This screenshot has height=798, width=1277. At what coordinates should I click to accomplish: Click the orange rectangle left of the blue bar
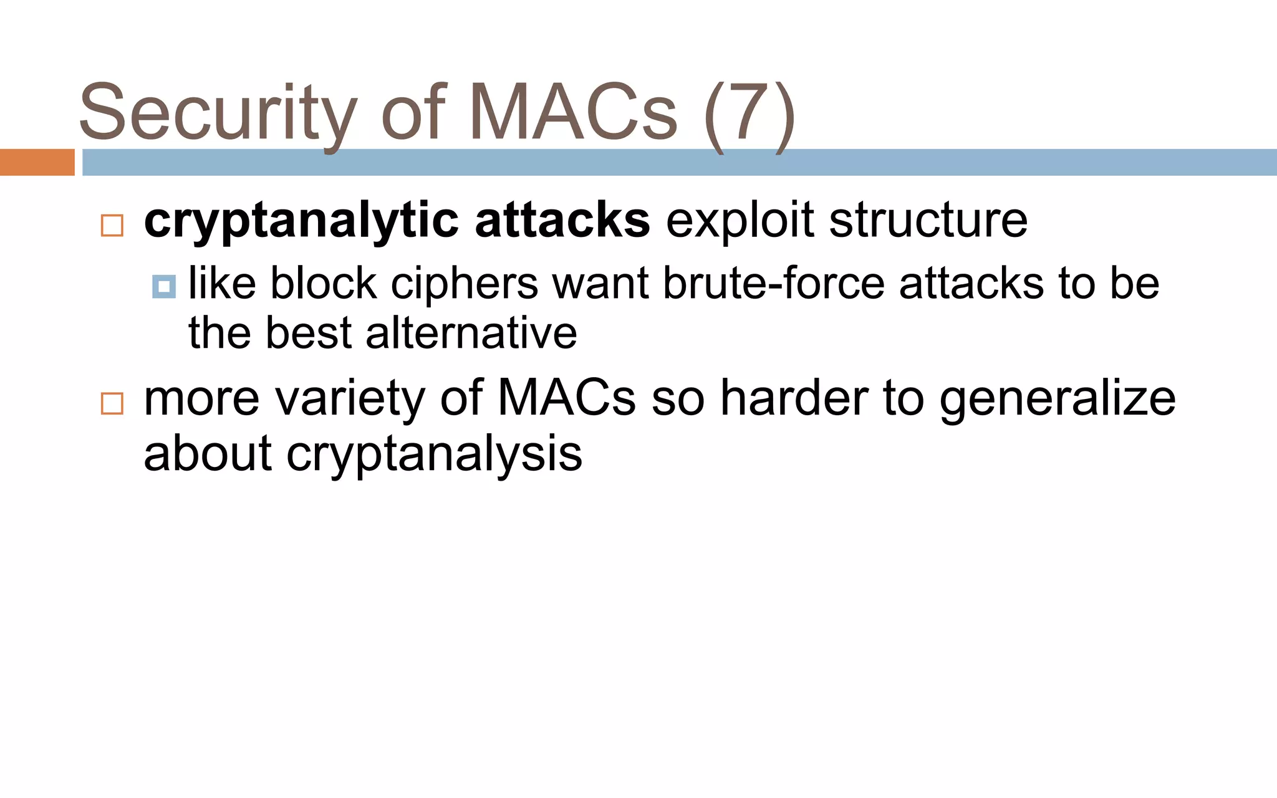(x=37, y=162)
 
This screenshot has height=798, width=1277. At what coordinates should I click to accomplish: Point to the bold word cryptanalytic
(x=302, y=221)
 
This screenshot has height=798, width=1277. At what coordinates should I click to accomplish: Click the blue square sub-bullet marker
(x=164, y=286)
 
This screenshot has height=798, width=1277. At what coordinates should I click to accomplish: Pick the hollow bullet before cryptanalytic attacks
(x=112, y=225)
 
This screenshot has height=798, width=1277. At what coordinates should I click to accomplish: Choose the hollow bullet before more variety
(x=112, y=403)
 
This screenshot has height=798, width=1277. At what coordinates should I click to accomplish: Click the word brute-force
(x=773, y=284)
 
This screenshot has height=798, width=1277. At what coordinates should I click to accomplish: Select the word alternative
(x=471, y=333)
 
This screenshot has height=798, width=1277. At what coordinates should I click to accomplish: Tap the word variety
(x=350, y=399)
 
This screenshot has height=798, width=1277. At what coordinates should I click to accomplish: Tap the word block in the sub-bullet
(x=323, y=284)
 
